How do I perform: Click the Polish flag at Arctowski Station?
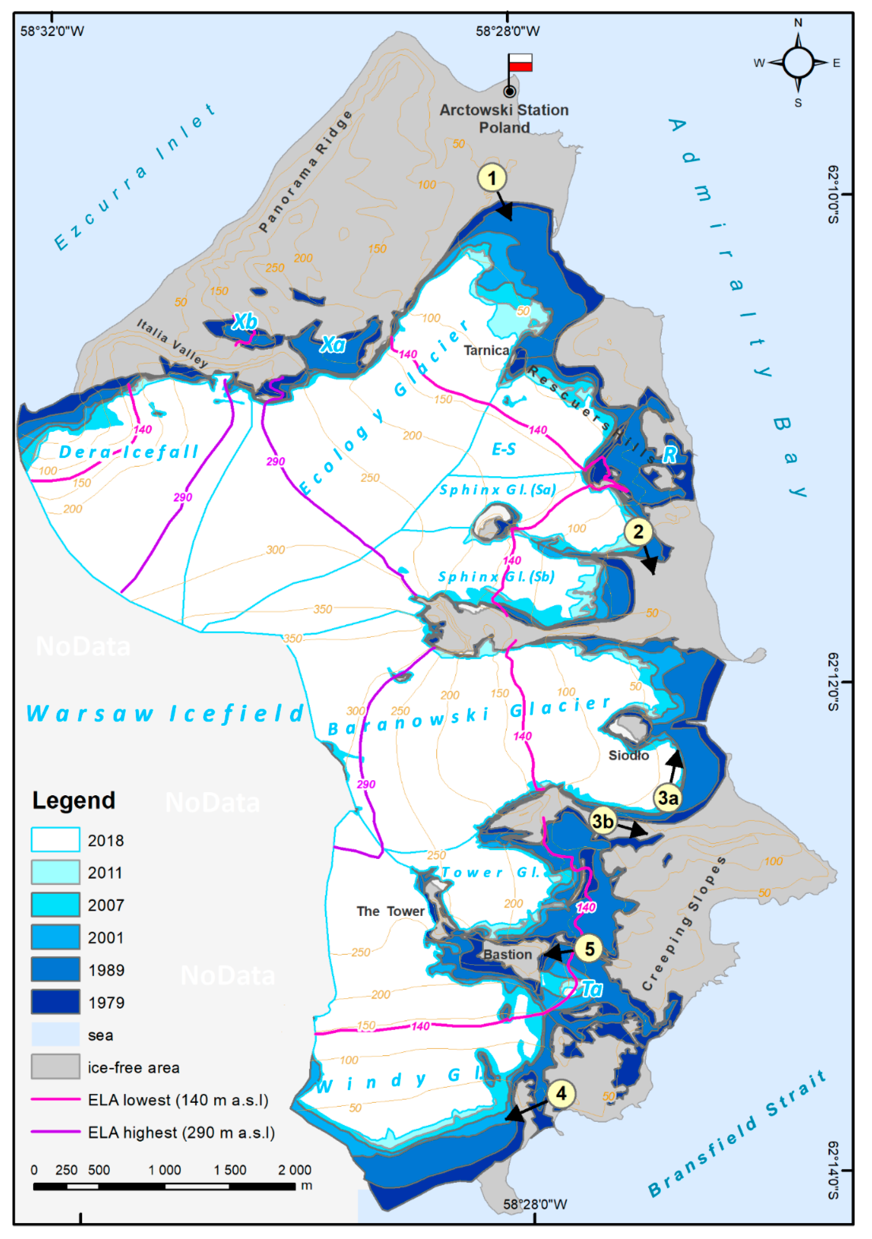[520, 63]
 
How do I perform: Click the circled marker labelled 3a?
[668, 798]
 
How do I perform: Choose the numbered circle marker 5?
[589, 949]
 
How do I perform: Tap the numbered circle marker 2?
[638, 532]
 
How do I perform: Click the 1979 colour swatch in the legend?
[56, 1002]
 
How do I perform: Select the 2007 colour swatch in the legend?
[56, 905]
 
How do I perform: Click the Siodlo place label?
[629, 756]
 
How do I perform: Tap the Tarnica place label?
[486, 351]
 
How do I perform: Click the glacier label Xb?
[244, 322]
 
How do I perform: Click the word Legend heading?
[74, 800]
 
